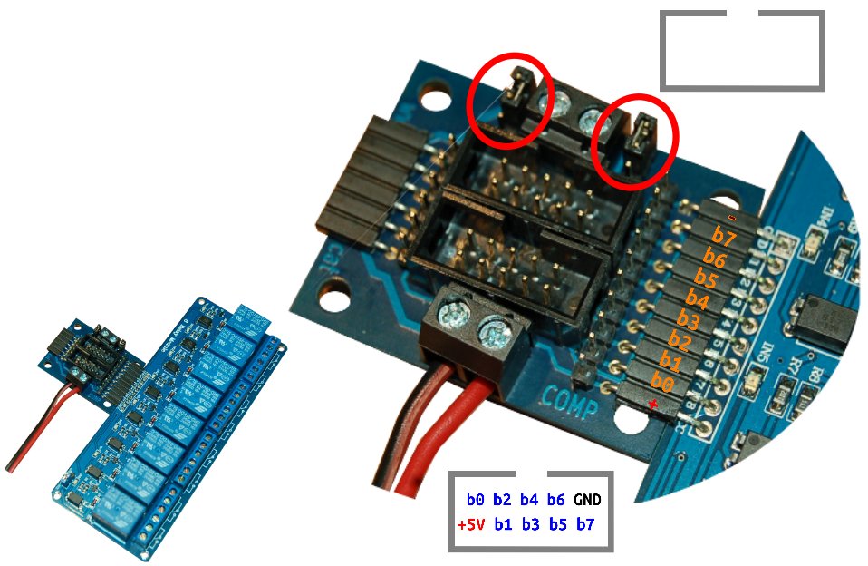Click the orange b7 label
coord(723,237)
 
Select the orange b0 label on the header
coord(662,384)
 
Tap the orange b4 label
coord(696,298)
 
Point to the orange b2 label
coord(679,342)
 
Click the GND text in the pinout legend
coord(587,500)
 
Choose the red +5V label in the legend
coord(471,525)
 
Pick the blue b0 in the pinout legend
coord(476,500)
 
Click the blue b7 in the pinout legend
coord(586,525)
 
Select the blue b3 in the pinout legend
coord(532,525)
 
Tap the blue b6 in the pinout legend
coord(556,500)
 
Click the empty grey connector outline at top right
coord(742,51)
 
